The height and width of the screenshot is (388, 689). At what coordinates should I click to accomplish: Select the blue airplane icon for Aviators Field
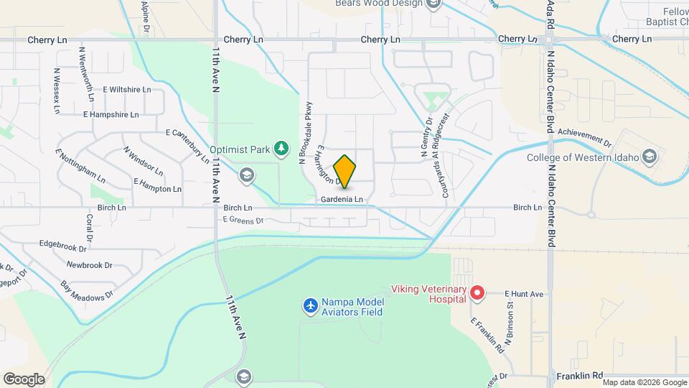tap(310, 307)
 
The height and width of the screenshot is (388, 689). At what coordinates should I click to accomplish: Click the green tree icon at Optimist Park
tap(282, 149)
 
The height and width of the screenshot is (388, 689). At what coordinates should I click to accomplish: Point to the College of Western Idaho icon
tap(649, 157)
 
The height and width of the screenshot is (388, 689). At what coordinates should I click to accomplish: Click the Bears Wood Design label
tap(380, 4)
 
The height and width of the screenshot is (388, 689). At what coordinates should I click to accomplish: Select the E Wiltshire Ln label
tap(127, 90)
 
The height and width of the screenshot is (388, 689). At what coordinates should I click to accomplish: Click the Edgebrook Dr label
tap(62, 247)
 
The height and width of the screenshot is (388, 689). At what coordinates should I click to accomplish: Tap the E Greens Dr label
tap(243, 220)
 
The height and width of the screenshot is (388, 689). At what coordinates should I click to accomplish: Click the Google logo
tap(23, 379)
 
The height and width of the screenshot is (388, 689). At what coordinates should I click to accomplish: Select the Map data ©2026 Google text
tap(644, 382)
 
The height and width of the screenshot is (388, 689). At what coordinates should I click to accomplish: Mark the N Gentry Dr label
tap(423, 139)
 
